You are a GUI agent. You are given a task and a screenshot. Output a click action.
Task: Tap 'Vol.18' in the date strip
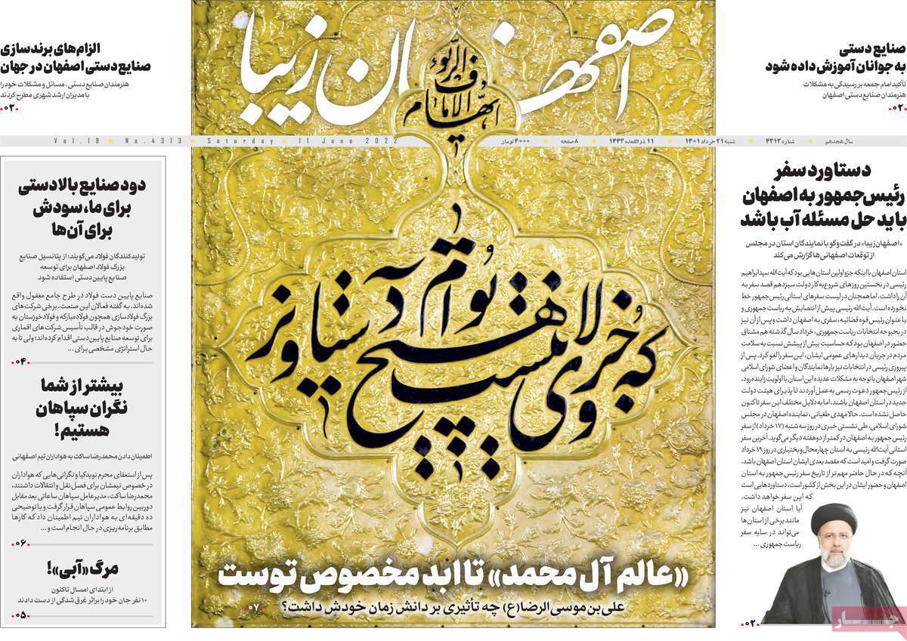[72, 141]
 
